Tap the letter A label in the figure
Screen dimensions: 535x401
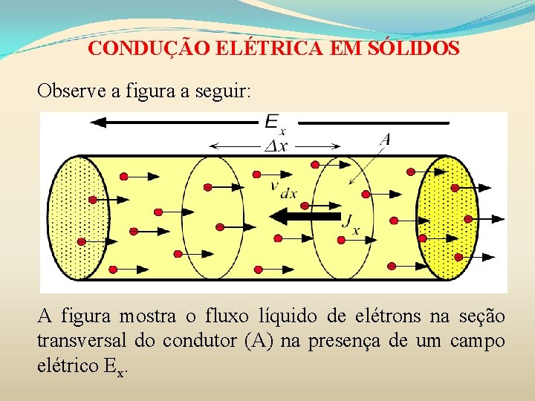[385, 139]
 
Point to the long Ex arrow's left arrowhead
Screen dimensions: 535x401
[94, 123]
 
